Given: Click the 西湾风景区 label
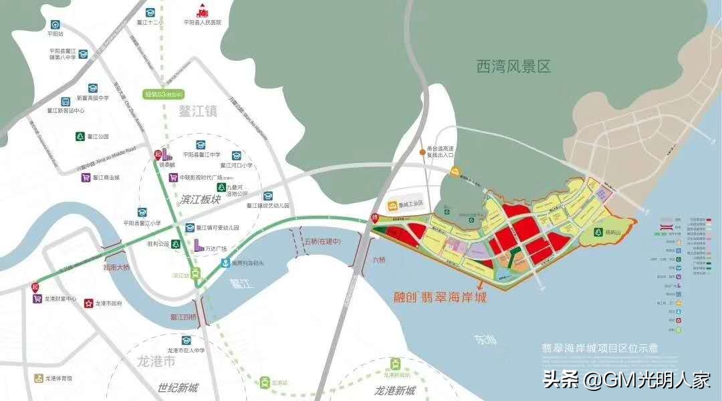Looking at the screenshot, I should (513, 67).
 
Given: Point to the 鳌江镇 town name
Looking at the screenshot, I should (198, 111).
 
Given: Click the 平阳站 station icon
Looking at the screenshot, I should (55, 23).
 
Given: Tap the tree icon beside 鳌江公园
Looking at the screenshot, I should (80, 136).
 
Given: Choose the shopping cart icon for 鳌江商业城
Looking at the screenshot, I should (86, 178).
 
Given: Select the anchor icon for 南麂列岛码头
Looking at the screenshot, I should (227, 263).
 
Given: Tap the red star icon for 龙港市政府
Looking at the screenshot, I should (88, 303).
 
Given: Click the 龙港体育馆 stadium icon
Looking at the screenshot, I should (39, 378).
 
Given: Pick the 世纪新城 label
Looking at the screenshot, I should (178, 388).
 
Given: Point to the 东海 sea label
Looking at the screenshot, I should (485, 340).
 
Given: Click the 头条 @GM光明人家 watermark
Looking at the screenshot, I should (626, 380).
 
